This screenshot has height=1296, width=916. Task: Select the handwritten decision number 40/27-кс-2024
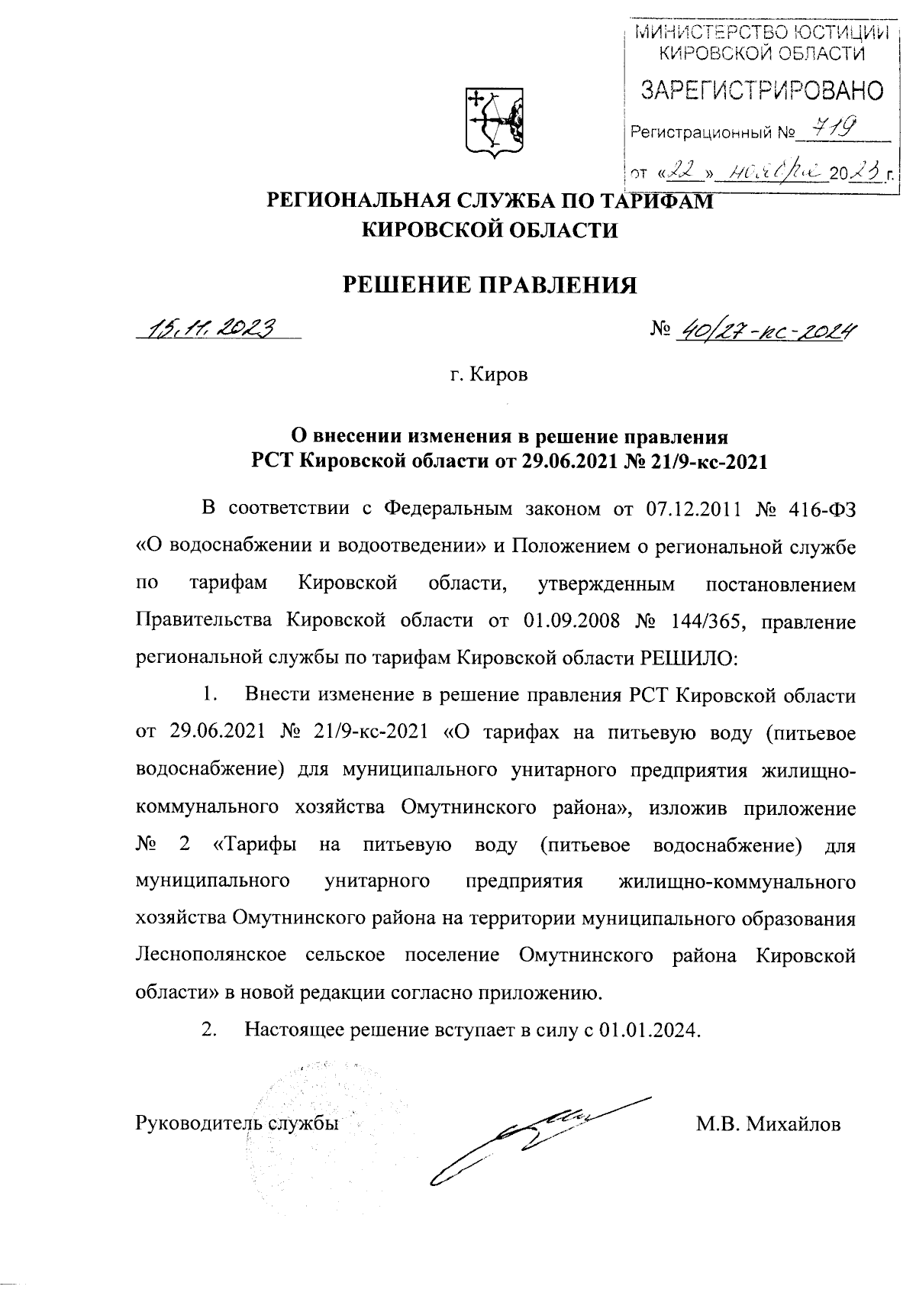coord(764,330)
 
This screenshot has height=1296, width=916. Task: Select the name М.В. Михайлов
coord(768,1124)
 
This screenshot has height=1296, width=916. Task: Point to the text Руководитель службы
coord(237,1123)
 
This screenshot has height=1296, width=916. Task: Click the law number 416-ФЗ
coord(821,509)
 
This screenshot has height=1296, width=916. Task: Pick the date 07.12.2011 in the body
coord(692,509)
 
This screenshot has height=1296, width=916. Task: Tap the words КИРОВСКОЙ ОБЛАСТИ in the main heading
coord(489,230)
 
